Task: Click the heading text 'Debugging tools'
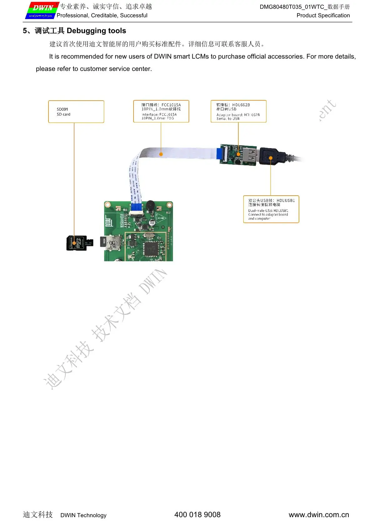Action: pos(96,31)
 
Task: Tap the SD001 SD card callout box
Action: pos(76,112)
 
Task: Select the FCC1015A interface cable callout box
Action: pos(161,111)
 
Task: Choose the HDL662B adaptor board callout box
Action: pos(238,111)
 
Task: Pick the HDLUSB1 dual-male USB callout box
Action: pos(271,209)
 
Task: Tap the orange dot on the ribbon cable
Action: pos(161,154)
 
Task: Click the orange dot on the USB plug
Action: pos(271,158)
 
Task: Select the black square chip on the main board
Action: pos(151,248)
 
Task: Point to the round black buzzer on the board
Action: pos(150,205)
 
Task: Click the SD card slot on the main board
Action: pos(112,243)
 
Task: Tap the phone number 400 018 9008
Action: pos(197,515)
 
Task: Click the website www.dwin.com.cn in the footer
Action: pos(318,515)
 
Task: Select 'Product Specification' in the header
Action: pos(323,15)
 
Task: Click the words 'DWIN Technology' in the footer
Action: pos(83,515)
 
